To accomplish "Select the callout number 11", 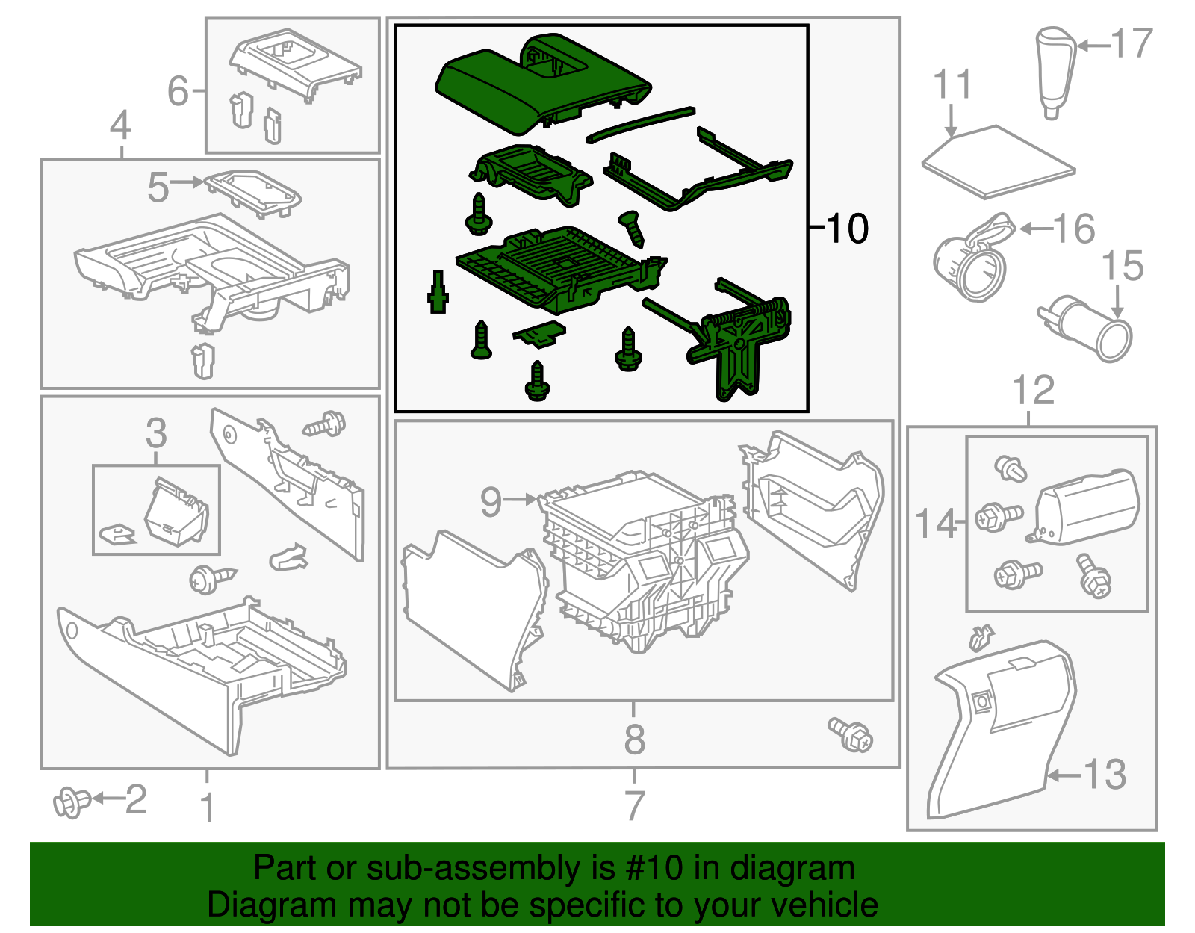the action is click(x=953, y=84).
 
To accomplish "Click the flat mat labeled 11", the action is click(x=999, y=162).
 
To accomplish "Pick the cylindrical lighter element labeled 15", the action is click(x=1084, y=328).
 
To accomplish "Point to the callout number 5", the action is click(x=158, y=187).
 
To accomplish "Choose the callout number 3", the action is click(x=156, y=433).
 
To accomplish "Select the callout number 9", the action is click(x=491, y=501).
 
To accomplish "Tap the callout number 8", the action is click(x=635, y=740).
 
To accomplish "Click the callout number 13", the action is click(x=1105, y=775).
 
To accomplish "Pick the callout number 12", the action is click(x=1034, y=390).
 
